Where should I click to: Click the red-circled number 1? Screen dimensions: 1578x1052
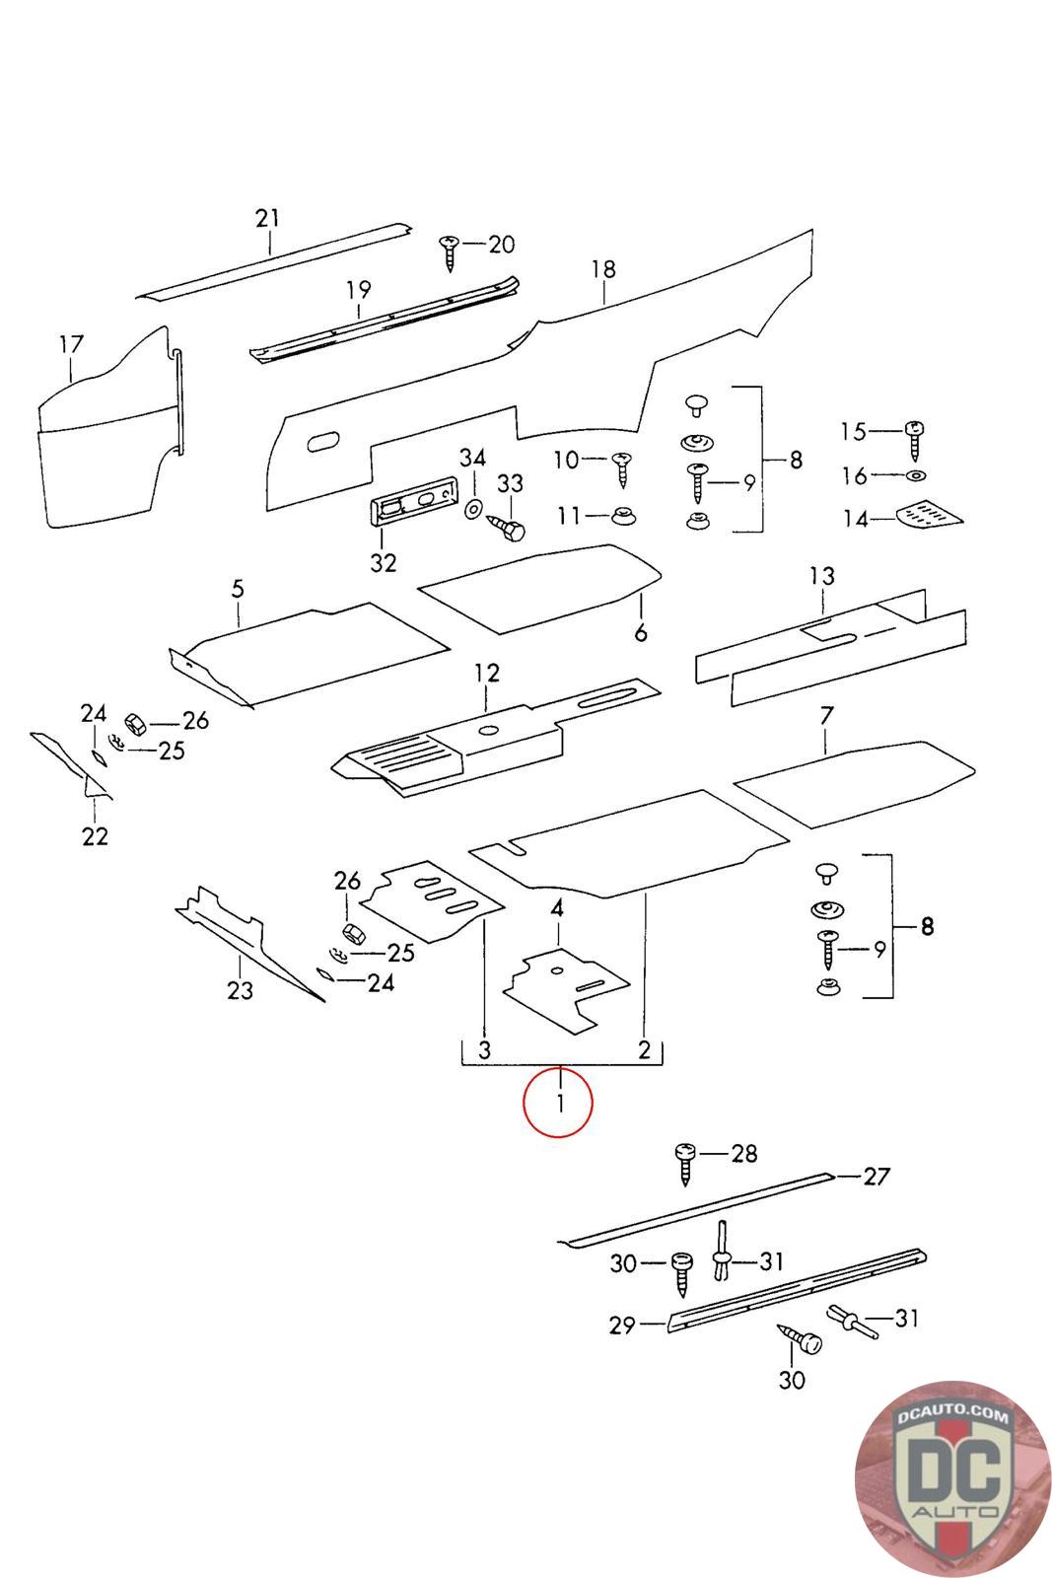point(558,1103)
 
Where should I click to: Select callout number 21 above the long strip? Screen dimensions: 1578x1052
point(267,218)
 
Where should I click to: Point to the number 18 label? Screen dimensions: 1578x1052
point(602,268)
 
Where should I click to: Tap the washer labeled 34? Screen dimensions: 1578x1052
point(472,508)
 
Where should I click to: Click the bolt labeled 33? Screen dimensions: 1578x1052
point(508,528)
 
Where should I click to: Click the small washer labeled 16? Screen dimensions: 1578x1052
point(916,476)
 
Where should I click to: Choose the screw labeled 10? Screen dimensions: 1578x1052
point(621,466)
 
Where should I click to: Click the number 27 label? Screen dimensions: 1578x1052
point(877,1176)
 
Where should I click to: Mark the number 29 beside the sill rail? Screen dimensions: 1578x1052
point(621,1326)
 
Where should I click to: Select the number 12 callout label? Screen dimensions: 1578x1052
point(487,673)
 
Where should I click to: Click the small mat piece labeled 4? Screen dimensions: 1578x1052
point(565,986)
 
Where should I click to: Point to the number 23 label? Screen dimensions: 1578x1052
point(240,990)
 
